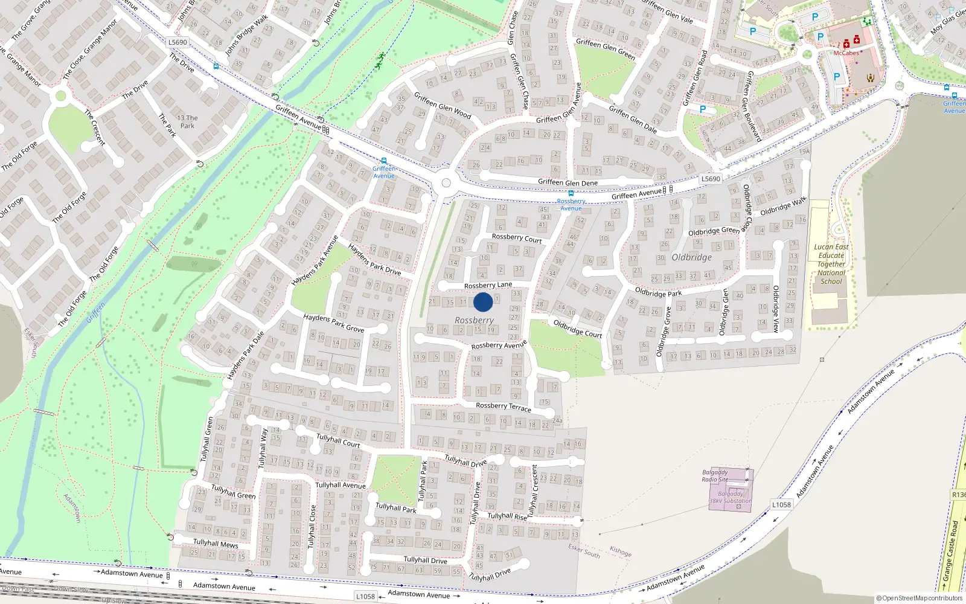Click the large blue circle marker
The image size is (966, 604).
(483, 302)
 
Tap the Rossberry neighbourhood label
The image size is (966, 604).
(474, 320)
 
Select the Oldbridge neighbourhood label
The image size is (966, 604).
(691, 257)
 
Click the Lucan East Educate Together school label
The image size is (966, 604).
(831, 264)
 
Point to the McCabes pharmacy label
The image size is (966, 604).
(846, 53)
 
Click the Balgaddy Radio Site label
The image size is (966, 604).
(715, 476)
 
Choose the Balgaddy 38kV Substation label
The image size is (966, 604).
(731, 497)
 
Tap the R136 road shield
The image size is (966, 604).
(958, 495)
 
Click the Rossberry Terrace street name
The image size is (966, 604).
(504, 407)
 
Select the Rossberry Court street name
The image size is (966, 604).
(517, 239)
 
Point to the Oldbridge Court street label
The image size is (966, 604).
(578, 329)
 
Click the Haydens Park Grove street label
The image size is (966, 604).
(334, 323)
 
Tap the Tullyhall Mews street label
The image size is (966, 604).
(216, 544)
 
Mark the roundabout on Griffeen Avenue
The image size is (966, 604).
(446, 183)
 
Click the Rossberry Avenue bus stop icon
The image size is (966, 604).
(571, 194)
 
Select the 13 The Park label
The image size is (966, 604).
(187, 122)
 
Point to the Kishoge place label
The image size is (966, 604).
(621, 551)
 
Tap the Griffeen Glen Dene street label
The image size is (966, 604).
(568, 182)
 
